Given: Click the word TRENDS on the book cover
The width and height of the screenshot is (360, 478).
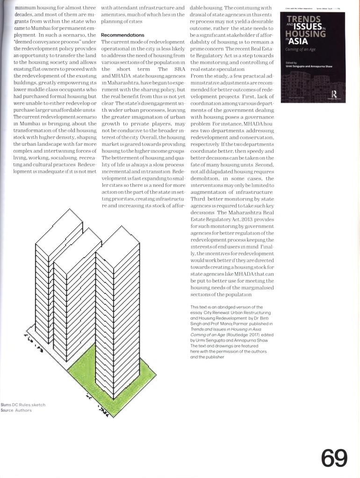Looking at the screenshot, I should point(303,19).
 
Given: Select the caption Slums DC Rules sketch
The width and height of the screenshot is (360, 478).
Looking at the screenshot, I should point(23,405).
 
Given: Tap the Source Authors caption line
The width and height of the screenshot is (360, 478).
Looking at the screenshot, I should point(16,410).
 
